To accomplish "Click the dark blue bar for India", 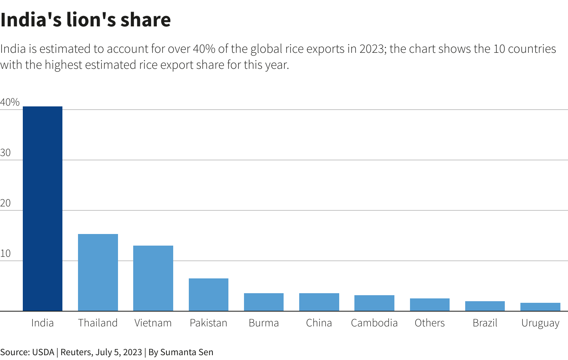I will (x=42, y=208).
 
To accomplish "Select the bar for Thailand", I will (x=98, y=272).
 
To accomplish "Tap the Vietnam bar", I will (x=153, y=278).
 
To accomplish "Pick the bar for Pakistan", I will (x=208, y=294).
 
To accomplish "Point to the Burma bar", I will (x=264, y=302).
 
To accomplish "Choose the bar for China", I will (x=319, y=302).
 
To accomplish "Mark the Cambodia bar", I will (x=374, y=303).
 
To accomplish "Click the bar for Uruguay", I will (x=540, y=307).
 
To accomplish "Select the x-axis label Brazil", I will (x=485, y=323).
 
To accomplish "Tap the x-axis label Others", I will (x=430, y=323).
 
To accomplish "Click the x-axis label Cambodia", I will (x=374, y=323).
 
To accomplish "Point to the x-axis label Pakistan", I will (x=208, y=323).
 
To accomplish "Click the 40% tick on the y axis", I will (x=10, y=102).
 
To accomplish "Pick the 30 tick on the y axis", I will (x=6, y=153).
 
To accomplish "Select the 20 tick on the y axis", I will (x=6, y=203).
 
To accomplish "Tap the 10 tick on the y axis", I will (x=6, y=254).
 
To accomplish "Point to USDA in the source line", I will (x=43, y=352).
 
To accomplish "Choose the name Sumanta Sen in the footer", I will (x=187, y=352).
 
